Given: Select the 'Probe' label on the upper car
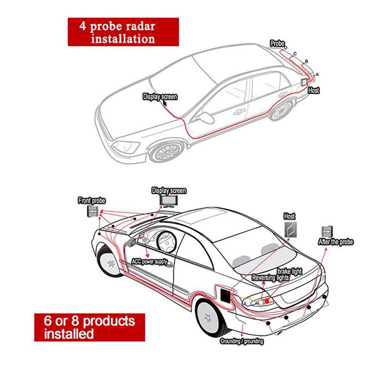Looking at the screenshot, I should [x=278, y=43].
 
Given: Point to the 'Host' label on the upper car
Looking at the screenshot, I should [x=313, y=90].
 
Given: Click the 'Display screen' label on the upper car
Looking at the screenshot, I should [x=160, y=97].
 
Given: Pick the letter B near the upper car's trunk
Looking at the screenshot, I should [x=307, y=62].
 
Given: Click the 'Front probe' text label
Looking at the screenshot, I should [x=91, y=200].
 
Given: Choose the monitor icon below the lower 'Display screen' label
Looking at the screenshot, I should [x=168, y=201].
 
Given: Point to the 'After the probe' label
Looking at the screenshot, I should [x=336, y=242].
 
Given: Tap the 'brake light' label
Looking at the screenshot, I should [x=290, y=272].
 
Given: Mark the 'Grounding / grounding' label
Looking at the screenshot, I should [x=242, y=341].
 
